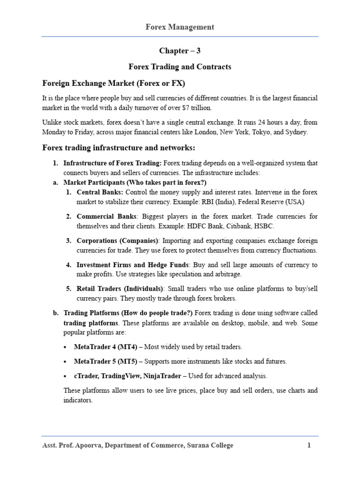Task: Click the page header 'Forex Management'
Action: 180,27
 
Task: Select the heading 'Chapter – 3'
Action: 180,51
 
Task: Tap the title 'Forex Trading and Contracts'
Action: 180,67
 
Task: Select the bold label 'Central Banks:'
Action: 100,192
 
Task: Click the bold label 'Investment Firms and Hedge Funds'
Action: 133,265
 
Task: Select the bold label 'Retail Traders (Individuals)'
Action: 120,289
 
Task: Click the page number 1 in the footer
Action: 309,445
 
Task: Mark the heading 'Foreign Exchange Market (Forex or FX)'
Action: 114,83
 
